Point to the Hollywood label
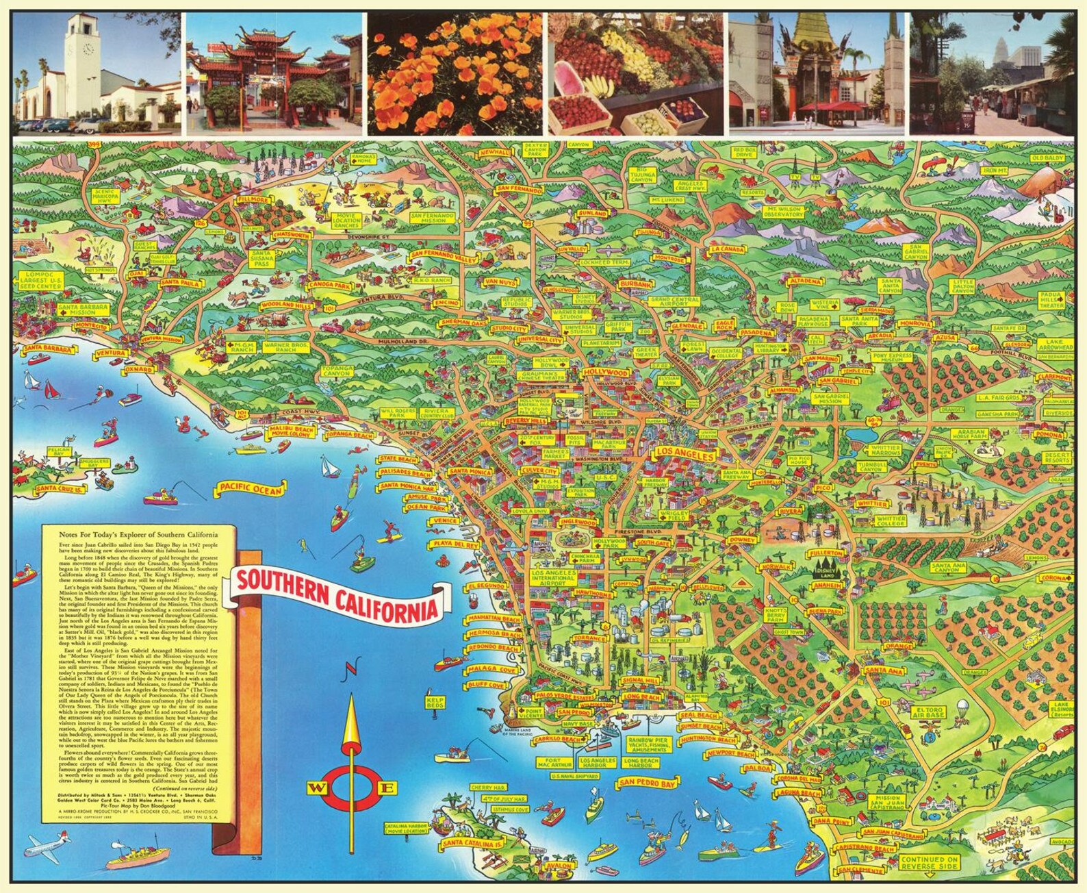pyautogui.click(x=606, y=373)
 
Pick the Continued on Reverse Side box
pyautogui.click(x=929, y=863)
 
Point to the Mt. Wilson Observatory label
pyautogui.click(x=784, y=211)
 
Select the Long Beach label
pyautogui.click(x=641, y=697)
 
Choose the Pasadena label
pyautogui.click(x=756, y=334)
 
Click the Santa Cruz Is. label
pyautogui.click(x=60, y=488)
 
